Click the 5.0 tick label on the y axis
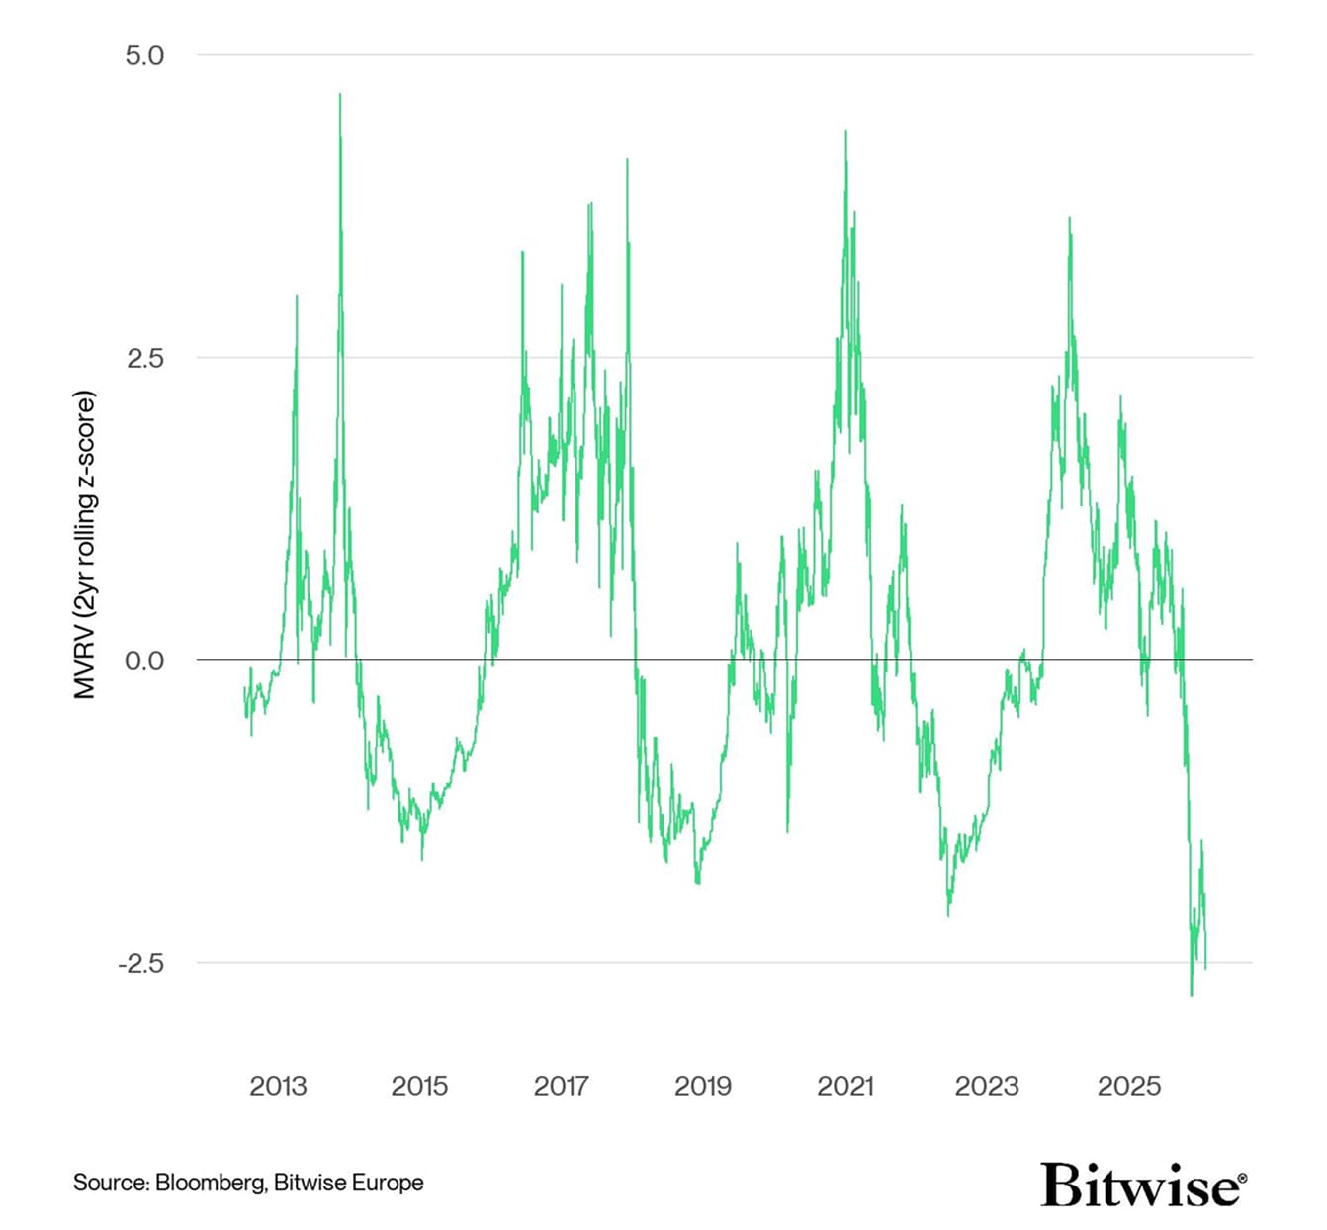[x=144, y=55]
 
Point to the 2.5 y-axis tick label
[x=144, y=358]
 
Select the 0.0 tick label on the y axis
[x=144, y=660]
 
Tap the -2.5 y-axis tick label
[x=140, y=963]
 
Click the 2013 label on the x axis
[x=278, y=1086]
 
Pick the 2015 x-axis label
[x=419, y=1086]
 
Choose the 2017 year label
[x=561, y=1086]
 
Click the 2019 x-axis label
[x=703, y=1086]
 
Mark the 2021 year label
[x=844, y=1086]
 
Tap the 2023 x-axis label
[x=987, y=1086]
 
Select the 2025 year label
[x=1128, y=1086]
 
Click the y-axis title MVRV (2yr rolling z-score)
[x=86, y=545]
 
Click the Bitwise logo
[x=1143, y=1184]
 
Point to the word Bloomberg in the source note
[x=210, y=1183]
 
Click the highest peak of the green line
[x=340, y=95]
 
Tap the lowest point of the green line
[x=1192, y=995]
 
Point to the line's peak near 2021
[x=846, y=132]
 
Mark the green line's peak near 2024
[x=1069, y=218]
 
